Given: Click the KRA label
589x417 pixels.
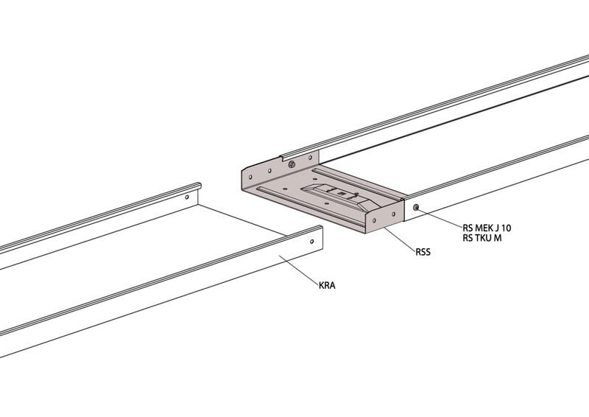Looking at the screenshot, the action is point(327,286).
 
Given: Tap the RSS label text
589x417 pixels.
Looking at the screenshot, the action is point(423,252).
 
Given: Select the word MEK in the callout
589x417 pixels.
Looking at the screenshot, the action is point(484,228).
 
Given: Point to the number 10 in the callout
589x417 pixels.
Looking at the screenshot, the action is point(506,228).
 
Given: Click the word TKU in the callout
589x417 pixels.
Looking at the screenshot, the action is point(484,238).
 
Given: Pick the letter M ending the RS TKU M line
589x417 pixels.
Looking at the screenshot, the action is point(498,238).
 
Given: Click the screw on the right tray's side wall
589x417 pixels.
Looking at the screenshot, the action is point(416,207).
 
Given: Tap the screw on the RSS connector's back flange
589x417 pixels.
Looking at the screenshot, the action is point(292,164).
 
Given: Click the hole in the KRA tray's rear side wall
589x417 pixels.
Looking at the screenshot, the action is point(187,197).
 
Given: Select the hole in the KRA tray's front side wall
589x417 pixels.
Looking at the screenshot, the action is point(311,242).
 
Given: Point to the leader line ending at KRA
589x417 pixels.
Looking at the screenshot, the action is point(300,270).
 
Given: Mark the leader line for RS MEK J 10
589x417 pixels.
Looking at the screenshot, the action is point(440,217).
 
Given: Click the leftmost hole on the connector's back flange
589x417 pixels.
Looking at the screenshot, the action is point(250,177).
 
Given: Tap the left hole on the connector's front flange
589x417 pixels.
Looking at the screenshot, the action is point(375,221).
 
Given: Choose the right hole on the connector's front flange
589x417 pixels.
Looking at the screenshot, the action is point(393,214).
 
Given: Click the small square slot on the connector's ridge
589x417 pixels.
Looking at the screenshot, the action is point(342,193).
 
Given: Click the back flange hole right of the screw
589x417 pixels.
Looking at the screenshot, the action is point(310,158).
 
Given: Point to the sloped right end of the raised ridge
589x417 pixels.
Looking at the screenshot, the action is point(368,206).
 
